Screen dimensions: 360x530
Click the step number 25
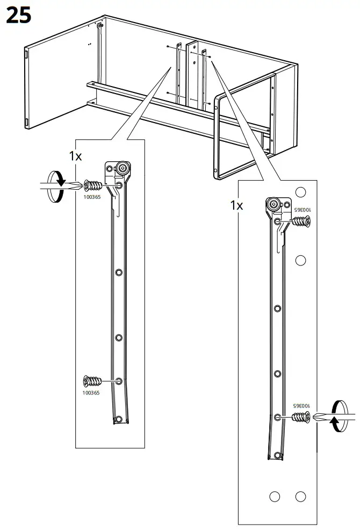point(19,16)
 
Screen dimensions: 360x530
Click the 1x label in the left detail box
point(75,156)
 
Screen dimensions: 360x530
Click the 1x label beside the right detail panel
point(236,205)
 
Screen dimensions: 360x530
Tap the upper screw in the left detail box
point(92,185)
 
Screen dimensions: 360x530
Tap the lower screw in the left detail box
point(92,381)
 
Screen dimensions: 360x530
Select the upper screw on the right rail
point(301,221)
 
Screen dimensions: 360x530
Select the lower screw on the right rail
point(300,418)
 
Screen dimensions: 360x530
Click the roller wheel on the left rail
point(123,168)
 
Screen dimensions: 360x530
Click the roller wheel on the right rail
point(273,204)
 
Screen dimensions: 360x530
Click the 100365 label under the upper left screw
point(92,197)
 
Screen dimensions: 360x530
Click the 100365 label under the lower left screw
point(91,393)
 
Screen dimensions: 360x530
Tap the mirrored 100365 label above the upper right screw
point(302,210)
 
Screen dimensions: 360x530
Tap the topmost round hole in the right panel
point(300,192)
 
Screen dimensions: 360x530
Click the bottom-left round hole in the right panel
point(275,497)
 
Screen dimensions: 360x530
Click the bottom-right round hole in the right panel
point(300,497)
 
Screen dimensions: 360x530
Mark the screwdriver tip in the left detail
point(82,185)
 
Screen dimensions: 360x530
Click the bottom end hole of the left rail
point(118,420)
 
